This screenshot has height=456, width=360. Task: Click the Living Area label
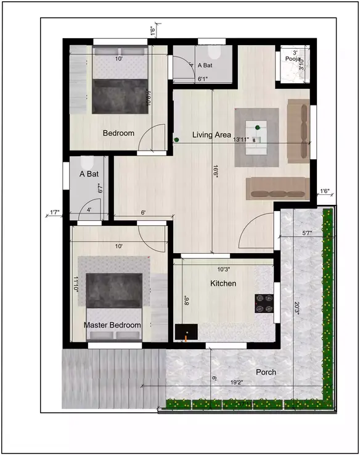point(211,135)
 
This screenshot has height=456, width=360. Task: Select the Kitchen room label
point(224,283)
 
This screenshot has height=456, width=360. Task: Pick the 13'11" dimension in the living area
point(241,140)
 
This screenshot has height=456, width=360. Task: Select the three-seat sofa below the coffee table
point(277,188)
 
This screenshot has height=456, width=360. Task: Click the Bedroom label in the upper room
point(118,133)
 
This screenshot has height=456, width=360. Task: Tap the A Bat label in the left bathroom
point(89,174)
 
